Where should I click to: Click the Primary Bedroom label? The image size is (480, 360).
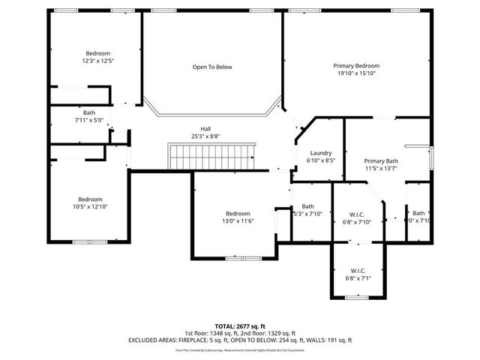[x=356, y=66]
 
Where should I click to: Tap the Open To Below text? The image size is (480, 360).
[x=212, y=67]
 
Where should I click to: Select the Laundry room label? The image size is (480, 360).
[x=320, y=152]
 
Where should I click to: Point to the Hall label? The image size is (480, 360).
[x=205, y=128]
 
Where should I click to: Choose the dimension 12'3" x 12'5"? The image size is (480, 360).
[x=97, y=61]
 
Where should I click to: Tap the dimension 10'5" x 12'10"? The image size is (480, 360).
[x=91, y=206]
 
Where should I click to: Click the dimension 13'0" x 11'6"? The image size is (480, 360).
[x=238, y=220]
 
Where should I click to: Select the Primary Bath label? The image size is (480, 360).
[x=381, y=161]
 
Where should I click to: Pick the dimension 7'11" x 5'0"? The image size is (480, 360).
[x=88, y=120]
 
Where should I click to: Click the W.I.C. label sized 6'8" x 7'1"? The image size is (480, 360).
[x=358, y=271]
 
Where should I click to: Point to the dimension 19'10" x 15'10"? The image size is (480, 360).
[x=356, y=73]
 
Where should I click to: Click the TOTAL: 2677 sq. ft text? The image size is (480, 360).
[x=240, y=326]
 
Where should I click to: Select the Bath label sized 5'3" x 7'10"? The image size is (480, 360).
[x=307, y=206]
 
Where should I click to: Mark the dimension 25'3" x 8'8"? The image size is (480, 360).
[x=205, y=136]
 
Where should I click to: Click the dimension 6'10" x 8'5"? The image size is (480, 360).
[x=320, y=160]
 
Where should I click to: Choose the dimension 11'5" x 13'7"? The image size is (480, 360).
[x=381, y=169]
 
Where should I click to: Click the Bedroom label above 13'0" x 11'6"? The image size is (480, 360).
[x=238, y=213]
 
